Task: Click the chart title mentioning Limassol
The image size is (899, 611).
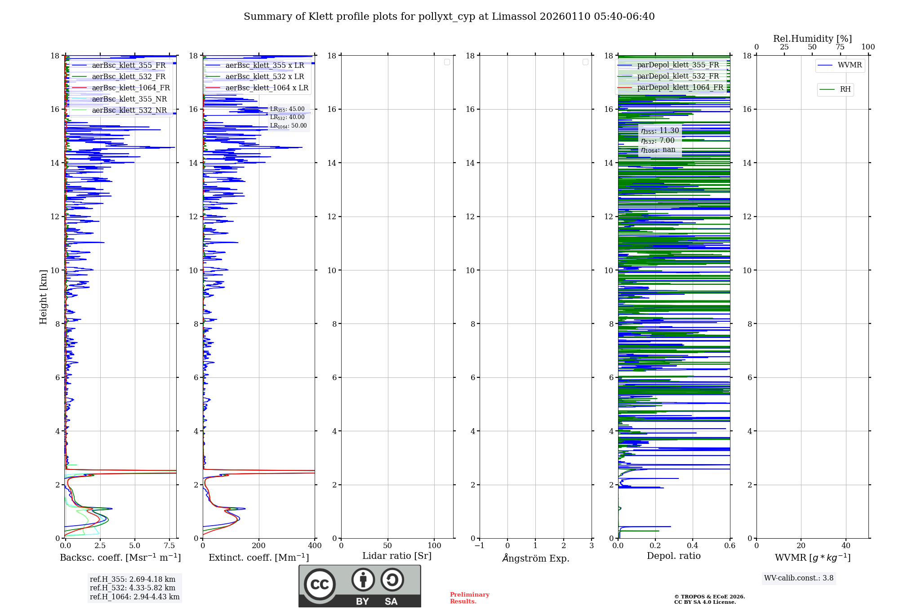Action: click(449, 17)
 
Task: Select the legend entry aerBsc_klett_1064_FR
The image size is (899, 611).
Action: click(130, 88)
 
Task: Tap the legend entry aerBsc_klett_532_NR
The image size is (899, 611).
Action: click(129, 111)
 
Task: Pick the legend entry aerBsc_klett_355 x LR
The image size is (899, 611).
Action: click(264, 66)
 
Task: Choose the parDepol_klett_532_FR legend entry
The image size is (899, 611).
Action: click(678, 76)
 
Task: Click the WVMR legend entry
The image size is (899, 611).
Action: click(849, 66)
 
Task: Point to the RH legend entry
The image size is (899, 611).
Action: click(845, 89)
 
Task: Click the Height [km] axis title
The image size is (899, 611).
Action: click(43, 297)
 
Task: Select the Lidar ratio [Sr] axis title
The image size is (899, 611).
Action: click(396, 556)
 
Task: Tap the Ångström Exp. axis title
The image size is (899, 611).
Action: click(535, 558)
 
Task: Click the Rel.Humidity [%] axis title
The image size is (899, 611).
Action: click(812, 39)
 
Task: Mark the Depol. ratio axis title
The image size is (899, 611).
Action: click(673, 556)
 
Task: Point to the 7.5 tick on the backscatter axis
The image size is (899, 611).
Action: click(169, 546)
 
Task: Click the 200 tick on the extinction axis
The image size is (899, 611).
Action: click(259, 546)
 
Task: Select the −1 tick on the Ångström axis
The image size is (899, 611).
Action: click(480, 546)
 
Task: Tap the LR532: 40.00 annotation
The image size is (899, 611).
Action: click(287, 117)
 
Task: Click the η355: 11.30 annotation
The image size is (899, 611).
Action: click(660, 131)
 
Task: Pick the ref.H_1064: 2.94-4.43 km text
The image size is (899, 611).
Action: click(134, 597)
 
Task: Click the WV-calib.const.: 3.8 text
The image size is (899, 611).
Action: click(798, 578)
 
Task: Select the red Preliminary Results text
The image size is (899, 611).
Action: click(469, 598)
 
